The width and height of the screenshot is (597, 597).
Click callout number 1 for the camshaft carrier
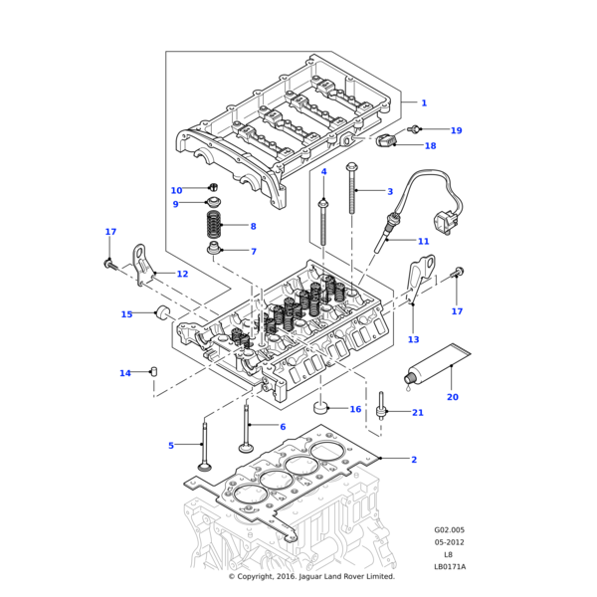coord(423,103)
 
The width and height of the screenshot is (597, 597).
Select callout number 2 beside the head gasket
coord(414,459)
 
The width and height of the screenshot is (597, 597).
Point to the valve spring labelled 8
coord(213,227)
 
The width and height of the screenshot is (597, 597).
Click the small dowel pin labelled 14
coord(155,372)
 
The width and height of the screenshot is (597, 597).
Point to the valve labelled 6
coord(245,428)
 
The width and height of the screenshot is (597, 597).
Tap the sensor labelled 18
coord(384,139)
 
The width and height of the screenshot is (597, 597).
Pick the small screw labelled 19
coord(415,129)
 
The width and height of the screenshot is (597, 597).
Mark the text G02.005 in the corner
coord(449,530)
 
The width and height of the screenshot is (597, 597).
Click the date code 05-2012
coord(449,542)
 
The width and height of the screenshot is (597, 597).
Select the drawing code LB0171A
coord(449,566)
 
